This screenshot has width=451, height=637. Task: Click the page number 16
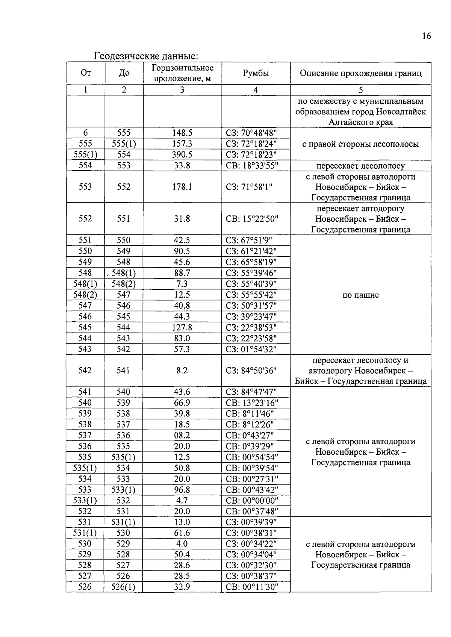(x=426, y=36)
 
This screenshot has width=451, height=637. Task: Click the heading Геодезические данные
(x=145, y=56)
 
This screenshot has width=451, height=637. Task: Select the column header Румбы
(x=256, y=73)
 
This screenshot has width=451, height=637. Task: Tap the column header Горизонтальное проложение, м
(x=182, y=73)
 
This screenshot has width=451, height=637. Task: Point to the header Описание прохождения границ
(x=360, y=73)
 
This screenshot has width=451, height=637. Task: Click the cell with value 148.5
(x=182, y=133)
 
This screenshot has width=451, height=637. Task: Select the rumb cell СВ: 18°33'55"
(x=252, y=165)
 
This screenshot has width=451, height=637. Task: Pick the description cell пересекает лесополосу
(x=360, y=166)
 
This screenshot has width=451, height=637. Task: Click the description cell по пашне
(x=360, y=295)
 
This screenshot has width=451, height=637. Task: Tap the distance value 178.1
(x=182, y=187)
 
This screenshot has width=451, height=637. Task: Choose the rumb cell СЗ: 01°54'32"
(x=251, y=349)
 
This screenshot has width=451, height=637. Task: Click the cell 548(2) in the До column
(x=123, y=284)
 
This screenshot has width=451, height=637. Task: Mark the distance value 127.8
(x=182, y=327)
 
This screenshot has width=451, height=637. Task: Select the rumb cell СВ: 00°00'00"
(x=252, y=501)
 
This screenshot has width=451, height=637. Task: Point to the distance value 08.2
(x=182, y=435)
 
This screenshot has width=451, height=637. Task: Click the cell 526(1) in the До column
(x=123, y=587)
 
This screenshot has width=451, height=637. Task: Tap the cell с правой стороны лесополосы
(x=360, y=144)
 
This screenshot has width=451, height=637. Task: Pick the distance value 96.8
(x=182, y=490)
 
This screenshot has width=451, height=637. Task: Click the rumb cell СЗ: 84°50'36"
(x=251, y=371)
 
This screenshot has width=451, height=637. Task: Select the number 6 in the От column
(x=85, y=133)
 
